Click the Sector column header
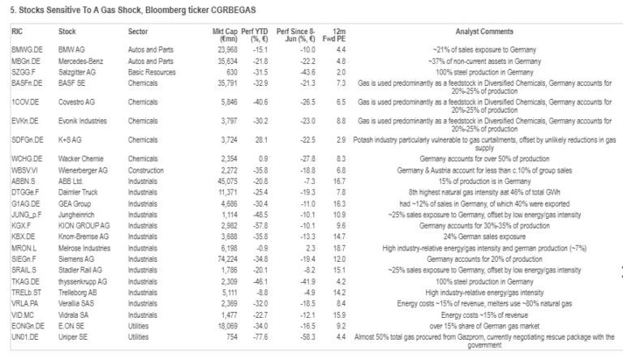[x=138, y=32]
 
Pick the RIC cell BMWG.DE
[x=25, y=49]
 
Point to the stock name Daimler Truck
[x=82, y=193]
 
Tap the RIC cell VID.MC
[x=22, y=314]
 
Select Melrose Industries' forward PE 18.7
[x=341, y=246]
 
